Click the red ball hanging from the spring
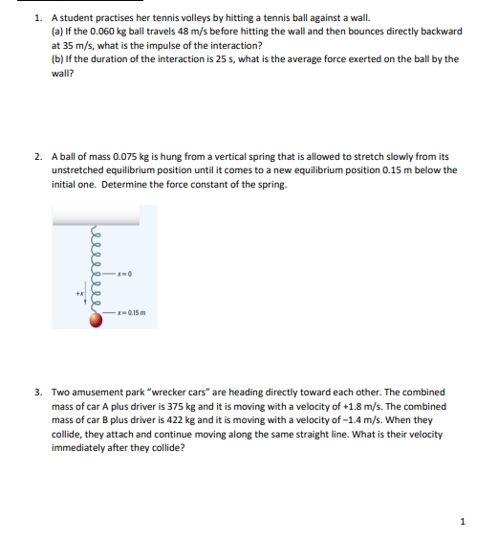coord(96,321)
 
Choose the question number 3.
coord(37,392)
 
